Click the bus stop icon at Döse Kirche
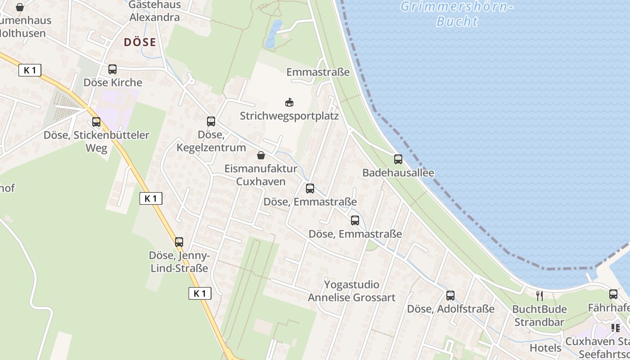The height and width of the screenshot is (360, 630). click(x=112, y=69)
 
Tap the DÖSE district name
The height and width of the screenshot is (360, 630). click(x=140, y=42)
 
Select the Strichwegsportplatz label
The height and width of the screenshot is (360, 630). click(x=289, y=116)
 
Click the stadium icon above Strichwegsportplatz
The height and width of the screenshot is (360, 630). click(x=289, y=103)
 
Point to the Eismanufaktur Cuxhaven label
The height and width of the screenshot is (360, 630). click(x=261, y=175)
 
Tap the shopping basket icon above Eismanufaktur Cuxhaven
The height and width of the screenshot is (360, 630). click(x=261, y=155)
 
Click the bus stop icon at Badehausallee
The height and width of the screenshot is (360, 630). click(x=398, y=159)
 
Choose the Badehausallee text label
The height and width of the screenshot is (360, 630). click(x=398, y=173)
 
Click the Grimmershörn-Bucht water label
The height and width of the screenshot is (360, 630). click(x=457, y=14)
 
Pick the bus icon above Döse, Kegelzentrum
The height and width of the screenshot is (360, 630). click(x=211, y=121)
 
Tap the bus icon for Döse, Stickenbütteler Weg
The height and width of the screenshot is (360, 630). click(x=96, y=121)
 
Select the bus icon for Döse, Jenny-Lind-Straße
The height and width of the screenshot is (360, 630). click(x=179, y=242)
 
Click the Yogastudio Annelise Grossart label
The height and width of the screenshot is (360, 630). click(x=351, y=291)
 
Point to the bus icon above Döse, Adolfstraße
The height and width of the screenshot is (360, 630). click(x=450, y=295)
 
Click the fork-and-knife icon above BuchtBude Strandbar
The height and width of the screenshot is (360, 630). click(x=540, y=296)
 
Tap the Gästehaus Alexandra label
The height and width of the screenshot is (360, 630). click(x=154, y=11)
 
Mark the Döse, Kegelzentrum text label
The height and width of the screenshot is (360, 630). click(x=211, y=141)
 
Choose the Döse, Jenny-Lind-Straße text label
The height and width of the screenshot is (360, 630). click(x=179, y=262)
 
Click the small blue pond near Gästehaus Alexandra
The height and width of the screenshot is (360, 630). click(x=273, y=34)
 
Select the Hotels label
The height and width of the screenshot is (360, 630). click(x=545, y=348)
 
